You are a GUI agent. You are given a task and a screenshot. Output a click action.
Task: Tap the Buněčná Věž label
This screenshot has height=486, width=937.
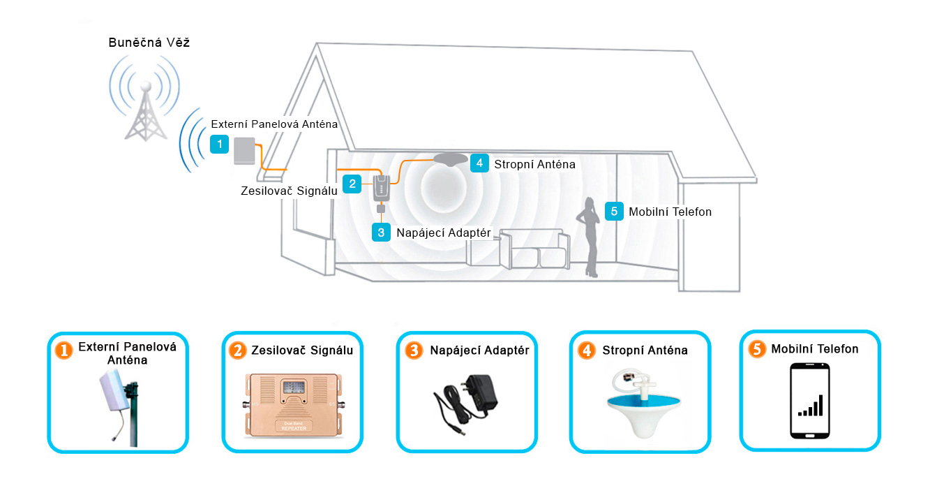click(x=149, y=43)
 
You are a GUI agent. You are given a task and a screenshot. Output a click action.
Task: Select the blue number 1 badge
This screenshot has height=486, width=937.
click(x=220, y=145)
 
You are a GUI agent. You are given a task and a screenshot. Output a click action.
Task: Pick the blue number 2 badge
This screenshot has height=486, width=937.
click(x=353, y=184)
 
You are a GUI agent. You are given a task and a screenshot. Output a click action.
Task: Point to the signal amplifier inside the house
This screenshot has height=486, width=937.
click(x=381, y=188)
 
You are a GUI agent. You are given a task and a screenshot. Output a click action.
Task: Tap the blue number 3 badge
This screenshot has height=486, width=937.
click(x=381, y=232)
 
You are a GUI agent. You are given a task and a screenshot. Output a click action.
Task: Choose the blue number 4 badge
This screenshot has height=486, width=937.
click(x=479, y=163)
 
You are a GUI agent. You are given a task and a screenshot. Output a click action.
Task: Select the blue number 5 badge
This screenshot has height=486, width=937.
click(x=614, y=211)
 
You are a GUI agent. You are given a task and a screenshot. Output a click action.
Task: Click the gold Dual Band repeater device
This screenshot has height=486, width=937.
click(x=292, y=406)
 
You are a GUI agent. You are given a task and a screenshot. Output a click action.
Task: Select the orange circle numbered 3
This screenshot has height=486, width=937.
click(x=414, y=351)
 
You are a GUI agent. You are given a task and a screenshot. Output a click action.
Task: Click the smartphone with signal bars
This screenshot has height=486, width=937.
click(x=810, y=400)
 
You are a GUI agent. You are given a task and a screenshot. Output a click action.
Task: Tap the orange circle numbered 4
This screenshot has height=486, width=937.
click(x=587, y=351)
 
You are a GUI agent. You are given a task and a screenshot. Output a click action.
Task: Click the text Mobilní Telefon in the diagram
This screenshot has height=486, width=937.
click(x=670, y=212)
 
